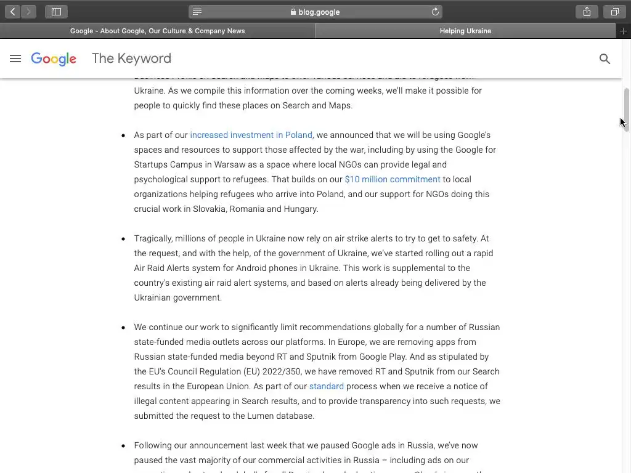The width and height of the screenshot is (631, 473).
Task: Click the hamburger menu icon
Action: pyautogui.click(x=15, y=59)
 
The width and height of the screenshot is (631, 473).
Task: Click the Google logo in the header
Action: pyautogui.click(x=54, y=59)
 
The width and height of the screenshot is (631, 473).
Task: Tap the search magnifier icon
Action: pyautogui.click(x=605, y=59)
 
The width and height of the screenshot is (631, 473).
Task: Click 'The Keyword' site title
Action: pyautogui.click(x=131, y=59)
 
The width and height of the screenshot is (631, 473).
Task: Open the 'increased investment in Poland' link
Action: pyautogui.click(x=251, y=135)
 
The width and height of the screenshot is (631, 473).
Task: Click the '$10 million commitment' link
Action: pyautogui.click(x=393, y=179)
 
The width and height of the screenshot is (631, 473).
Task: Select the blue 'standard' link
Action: pyautogui.click(x=326, y=386)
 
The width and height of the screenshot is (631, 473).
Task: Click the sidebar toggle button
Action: pyautogui.click(x=56, y=12)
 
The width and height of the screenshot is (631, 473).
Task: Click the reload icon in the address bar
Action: pyautogui.click(x=435, y=12)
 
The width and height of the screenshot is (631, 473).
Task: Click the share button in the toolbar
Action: pyautogui.click(x=587, y=12)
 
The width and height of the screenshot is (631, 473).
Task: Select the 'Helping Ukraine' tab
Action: pyautogui.click(x=465, y=31)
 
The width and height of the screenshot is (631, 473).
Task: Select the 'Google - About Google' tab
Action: pyautogui.click(x=157, y=31)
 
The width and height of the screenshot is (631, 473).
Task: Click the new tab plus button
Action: pyautogui.click(x=624, y=31)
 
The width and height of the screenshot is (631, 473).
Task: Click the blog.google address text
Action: pyautogui.click(x=319, y=12)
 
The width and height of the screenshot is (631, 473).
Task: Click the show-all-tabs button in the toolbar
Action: pyautogui.click(x=614, y=12)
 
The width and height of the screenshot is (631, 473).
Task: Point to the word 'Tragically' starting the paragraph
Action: pyautogui.click(x=153, y=238)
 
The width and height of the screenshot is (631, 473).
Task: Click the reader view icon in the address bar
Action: pyautogui.click(x=197, y=12)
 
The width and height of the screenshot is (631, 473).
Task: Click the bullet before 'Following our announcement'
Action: pyautogui.click(x=123, y=445)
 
